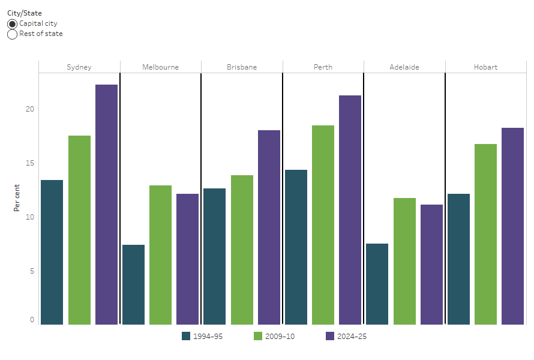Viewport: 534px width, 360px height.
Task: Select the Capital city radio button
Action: click(13, 24)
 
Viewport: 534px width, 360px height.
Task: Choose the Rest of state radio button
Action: click(13, 34)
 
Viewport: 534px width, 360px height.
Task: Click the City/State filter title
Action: click(25, 13)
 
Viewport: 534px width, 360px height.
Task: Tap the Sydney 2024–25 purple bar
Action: click(106, 205)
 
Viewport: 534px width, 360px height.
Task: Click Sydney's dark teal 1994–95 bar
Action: click(52, 252)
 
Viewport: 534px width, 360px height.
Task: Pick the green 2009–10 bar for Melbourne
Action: click(160, 255)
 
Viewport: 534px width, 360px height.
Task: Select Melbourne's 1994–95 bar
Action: click(133, 284)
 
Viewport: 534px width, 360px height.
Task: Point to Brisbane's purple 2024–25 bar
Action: click(269, 227)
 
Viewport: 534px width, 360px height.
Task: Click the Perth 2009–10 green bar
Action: click(323, 225)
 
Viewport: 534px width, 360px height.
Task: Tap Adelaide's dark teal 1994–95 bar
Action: click(377, 284)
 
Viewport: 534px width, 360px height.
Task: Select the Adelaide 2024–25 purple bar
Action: click(431, 265)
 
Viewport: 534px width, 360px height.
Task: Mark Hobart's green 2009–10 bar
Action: click(485, 234)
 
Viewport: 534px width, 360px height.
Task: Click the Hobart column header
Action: click(485, 67)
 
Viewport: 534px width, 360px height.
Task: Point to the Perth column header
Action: click(323, 67)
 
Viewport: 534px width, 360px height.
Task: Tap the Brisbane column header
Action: click(242, 67)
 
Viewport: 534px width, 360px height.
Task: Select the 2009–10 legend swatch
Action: click(259, 337)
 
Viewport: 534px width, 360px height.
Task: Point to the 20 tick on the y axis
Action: click(30, 109)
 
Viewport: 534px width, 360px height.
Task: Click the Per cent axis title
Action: click(17, 198)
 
